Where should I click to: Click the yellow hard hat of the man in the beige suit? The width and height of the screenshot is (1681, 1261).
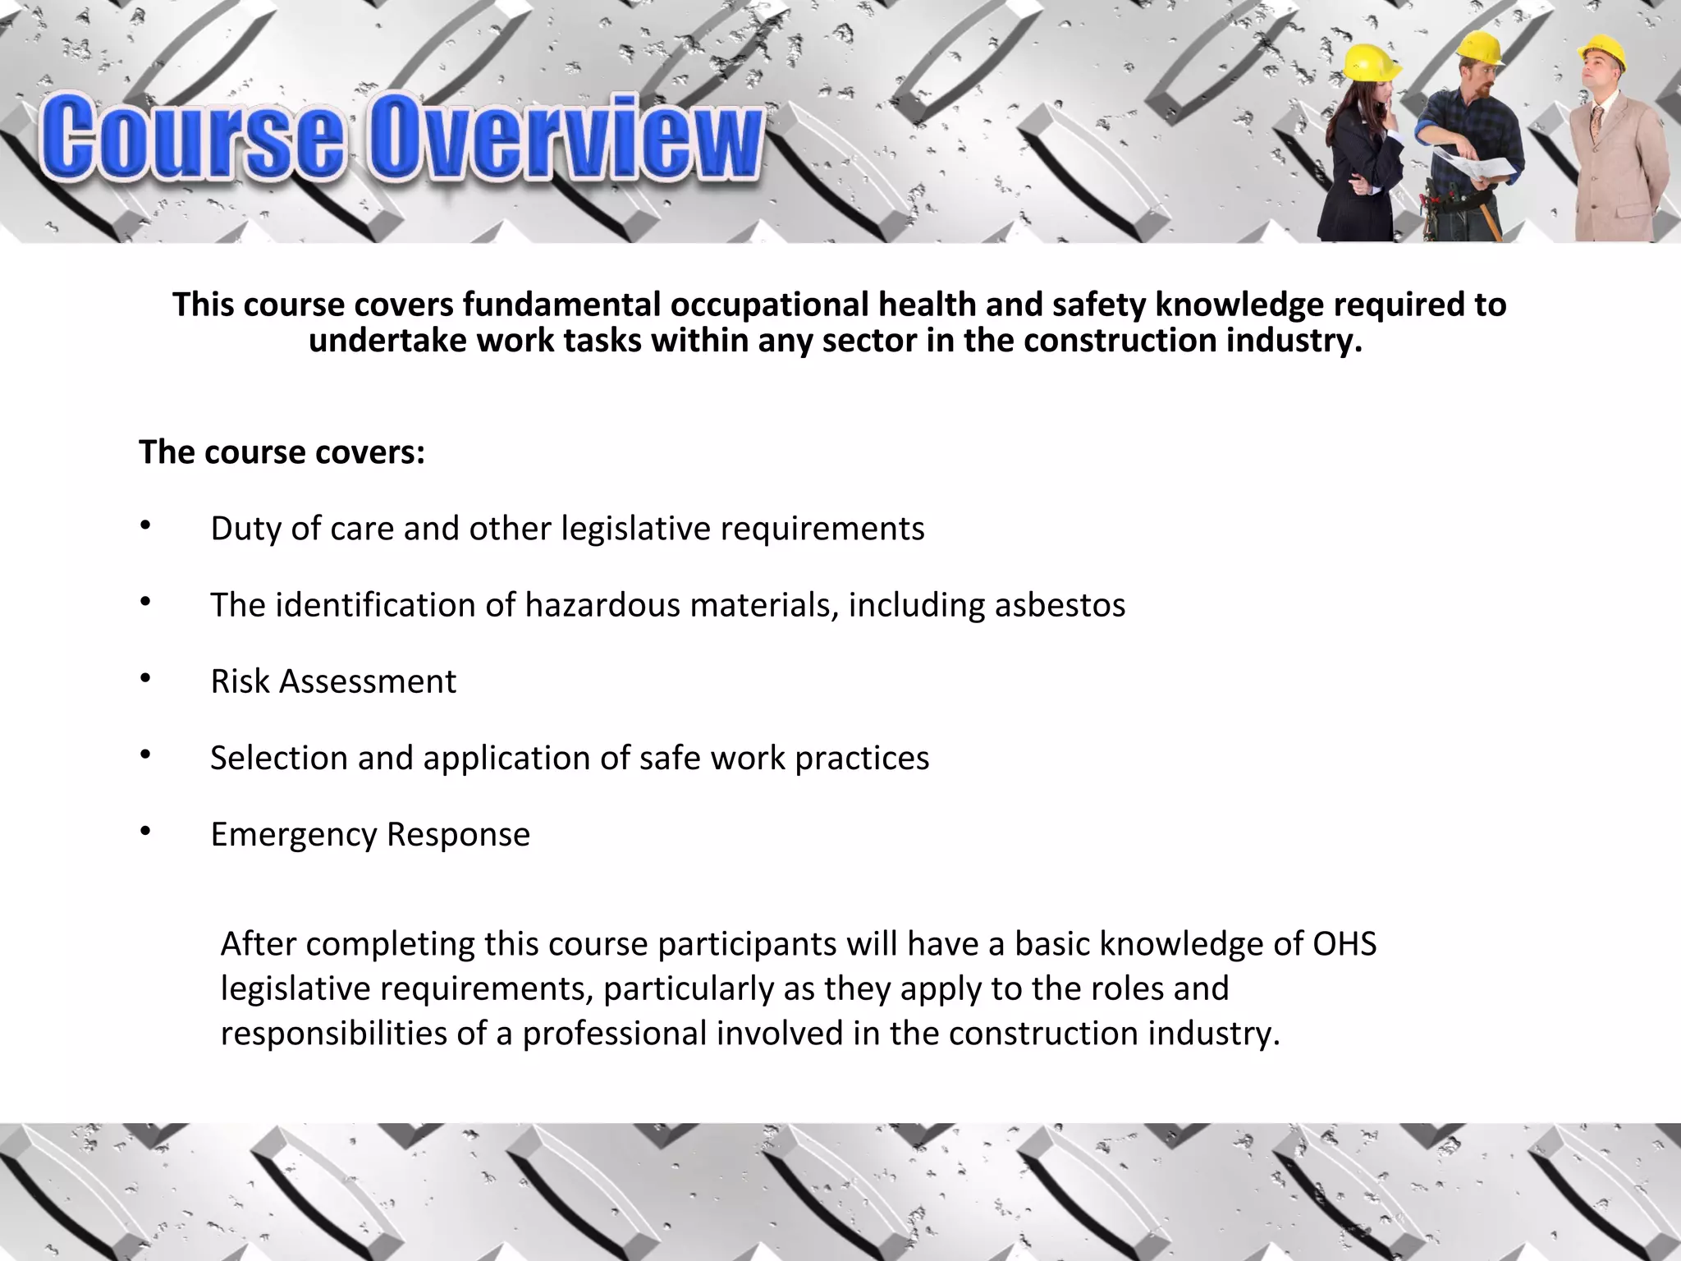[x=1604, y=50]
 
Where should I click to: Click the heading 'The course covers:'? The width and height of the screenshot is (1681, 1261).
[x=282, y=452]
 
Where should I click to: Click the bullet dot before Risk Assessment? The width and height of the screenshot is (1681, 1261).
[x=144, y=678]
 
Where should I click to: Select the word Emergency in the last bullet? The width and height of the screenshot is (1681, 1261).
[x=293, y=834]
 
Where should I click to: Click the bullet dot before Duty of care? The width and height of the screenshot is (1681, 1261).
[x=144, y=525]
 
